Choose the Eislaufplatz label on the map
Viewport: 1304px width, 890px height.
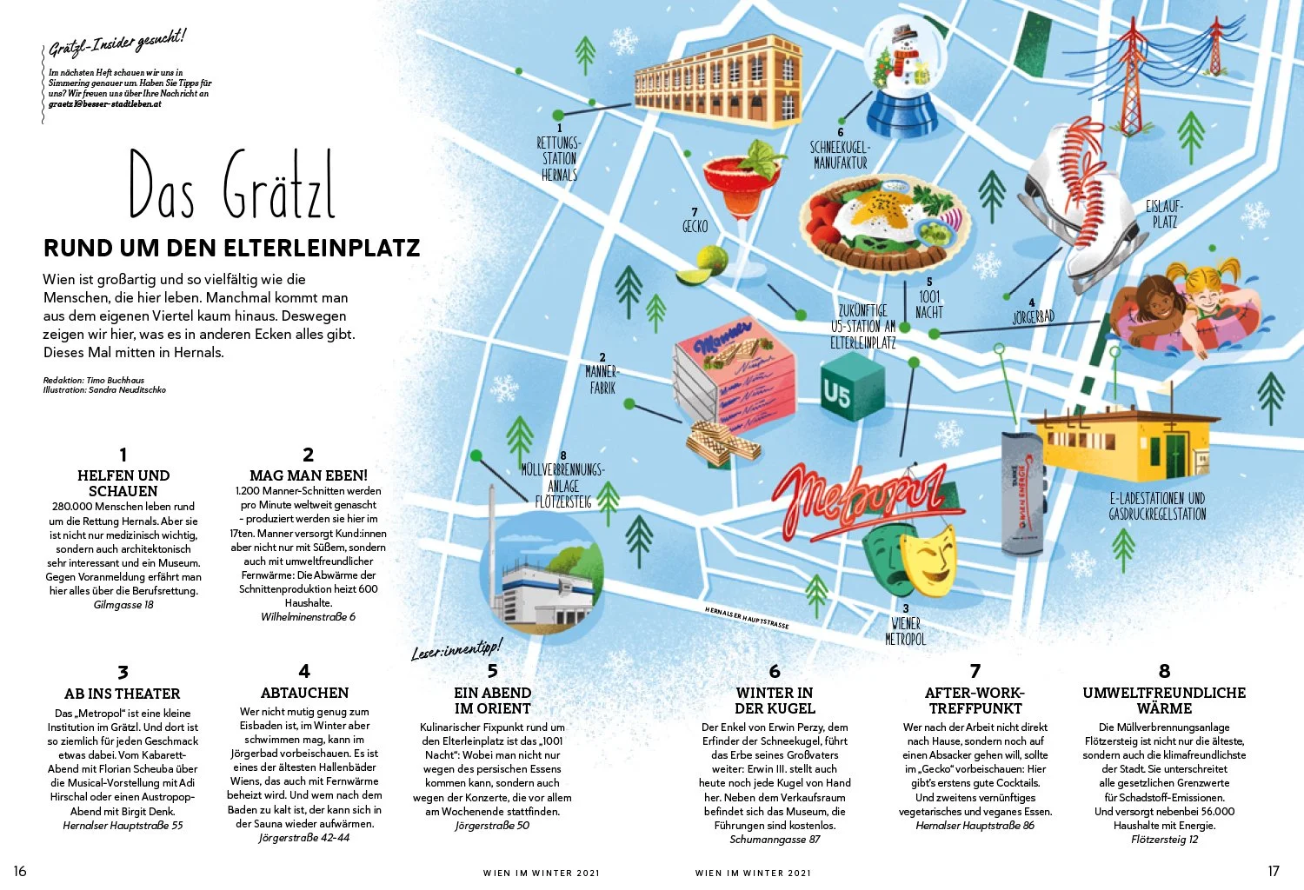tap(1164, 214)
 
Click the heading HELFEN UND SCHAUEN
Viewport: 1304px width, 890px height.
tap(123, 483)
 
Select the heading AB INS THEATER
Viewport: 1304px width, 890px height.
tap(123, 694)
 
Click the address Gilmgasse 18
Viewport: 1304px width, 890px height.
tap(123, 605)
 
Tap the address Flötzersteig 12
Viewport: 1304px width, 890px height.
tap(1164, 840)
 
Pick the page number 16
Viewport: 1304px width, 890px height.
tap(20, 871)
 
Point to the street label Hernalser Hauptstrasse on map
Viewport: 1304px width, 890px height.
tap(747, 618)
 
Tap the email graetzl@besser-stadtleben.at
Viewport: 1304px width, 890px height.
tap(105, 104)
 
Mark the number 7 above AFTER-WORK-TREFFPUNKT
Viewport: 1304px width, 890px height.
tap(975, 671)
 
